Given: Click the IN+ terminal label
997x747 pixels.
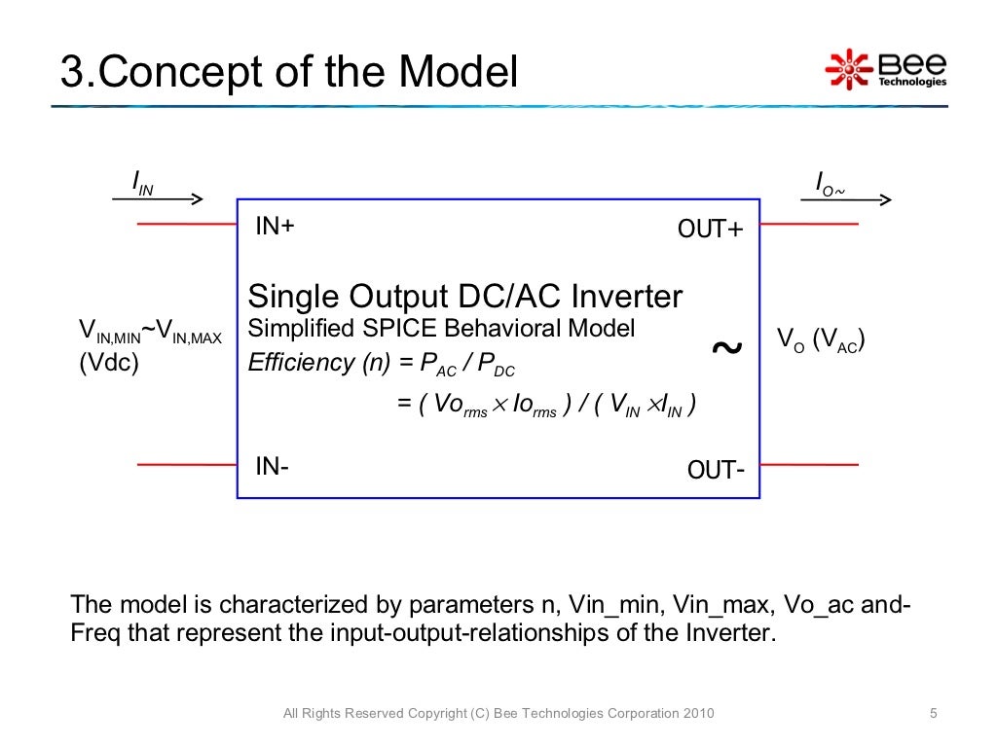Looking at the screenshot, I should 275,227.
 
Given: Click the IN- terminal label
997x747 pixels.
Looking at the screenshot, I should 272,466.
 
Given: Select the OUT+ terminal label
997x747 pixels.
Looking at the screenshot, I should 710,230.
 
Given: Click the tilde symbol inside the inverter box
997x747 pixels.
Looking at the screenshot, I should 726,347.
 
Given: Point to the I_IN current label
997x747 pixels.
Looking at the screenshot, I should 142,183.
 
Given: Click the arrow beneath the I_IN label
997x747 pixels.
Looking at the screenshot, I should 157,199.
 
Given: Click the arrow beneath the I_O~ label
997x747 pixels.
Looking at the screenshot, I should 845,200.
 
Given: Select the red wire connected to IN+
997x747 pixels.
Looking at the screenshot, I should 187,224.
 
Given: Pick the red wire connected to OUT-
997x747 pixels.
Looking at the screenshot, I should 808,465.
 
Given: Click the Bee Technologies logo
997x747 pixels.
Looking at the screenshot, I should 885,68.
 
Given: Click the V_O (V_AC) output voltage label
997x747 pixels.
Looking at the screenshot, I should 821,340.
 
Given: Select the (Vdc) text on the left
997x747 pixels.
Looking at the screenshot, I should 108,364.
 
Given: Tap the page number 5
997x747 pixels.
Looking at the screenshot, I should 933,714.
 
